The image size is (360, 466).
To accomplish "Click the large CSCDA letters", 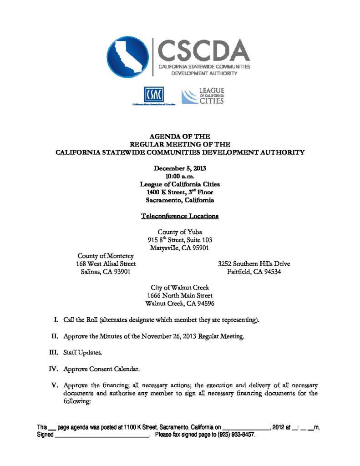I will tap(203, 50).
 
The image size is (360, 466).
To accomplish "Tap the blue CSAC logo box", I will tap(153, 95).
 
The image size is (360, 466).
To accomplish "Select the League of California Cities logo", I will tap(203, 96).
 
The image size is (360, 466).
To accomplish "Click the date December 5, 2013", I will tap(180, 168).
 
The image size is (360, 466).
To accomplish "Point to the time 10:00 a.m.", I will tap(180, 176).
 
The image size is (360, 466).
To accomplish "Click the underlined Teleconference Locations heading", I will tap(180, 216).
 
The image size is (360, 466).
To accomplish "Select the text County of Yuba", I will tap(180, 232).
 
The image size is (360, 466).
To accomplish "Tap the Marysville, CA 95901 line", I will tap(180, 248).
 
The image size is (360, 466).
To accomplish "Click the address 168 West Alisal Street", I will tap(106, 264).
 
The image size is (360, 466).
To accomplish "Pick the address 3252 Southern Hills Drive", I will tap(254, 264).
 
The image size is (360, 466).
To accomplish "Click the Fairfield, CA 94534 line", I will tap(254, 272).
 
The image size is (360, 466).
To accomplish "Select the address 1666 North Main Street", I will tap(180, 296).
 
